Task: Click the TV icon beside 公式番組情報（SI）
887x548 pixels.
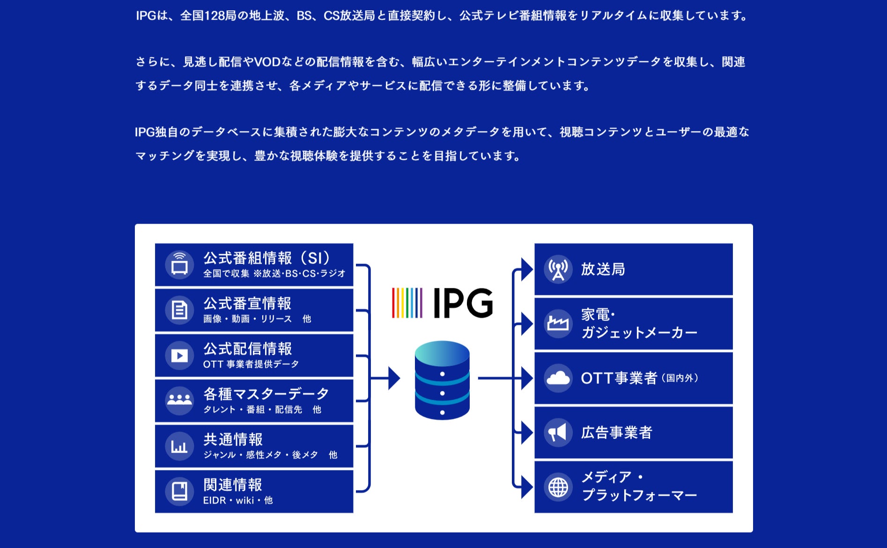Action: tap(179, 265)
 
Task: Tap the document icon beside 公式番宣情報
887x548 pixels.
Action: tap(179, 310)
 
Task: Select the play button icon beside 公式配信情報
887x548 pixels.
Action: tap(179, 356)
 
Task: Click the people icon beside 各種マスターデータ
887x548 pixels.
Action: tap(179, 401)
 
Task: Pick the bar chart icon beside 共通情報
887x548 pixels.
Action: tap(179, 446)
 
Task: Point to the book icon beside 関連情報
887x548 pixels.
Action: tap(179, 491)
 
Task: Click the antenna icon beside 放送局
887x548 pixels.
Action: tap(558, 270)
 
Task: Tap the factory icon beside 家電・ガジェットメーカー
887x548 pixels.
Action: tap(558, 323)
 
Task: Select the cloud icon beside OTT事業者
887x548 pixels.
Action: tap(558, 378)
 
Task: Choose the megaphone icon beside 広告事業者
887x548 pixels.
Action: tap(558, 432)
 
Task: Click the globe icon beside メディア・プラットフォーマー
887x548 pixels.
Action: tap(558, 487)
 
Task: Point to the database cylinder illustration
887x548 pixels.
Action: tap(442, 380)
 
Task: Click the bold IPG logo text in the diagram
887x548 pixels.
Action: tap(463, 303)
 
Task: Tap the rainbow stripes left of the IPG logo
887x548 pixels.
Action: tap(407, 303)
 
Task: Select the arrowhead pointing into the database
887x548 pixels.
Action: tap(394, 378)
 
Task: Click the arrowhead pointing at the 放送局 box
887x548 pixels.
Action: tap(527, 270)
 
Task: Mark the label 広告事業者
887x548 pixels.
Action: tap(616, 432)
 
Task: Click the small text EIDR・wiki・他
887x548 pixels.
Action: tap(238, 500)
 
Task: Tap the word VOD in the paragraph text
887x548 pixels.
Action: tap(267, 62)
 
